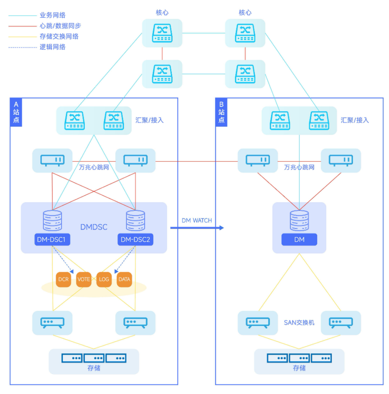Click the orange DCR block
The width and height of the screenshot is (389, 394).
pyautogui.click(x=64, y=279)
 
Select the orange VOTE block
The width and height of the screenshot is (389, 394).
pyautogui.click(x=84, y=279)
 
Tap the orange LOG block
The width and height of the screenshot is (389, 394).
pyautogui.click(x=104, y=279)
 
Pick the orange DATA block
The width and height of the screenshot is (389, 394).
pyautogui.click(x=124, y=279)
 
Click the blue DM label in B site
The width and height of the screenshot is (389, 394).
pyautogui.click(x=299, y=240)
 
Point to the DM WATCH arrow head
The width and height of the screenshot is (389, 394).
pyautogui.click(x=221, y=228)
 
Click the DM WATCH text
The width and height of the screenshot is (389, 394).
pyautogui.click(x=197, y=220)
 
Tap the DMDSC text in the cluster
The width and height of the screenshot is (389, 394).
pyautogui.click(x=94, y=227)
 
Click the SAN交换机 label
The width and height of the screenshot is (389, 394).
pyautogui.click(x=299, y=323)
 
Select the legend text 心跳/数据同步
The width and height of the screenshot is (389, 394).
pyautogui.click(x=60, y=26)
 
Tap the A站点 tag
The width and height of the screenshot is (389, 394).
pyautogui.click(x=16, y=112)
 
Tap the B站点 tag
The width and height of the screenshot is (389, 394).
pyautogui.click(x=221, y=112)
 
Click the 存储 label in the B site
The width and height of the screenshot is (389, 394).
pyautogui.click(x=299, y=368)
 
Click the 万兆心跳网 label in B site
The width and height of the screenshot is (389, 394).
pyautogui.click(x=299, y=167)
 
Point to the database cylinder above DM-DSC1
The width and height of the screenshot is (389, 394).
pyautogui.click(x=52, y=221)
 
